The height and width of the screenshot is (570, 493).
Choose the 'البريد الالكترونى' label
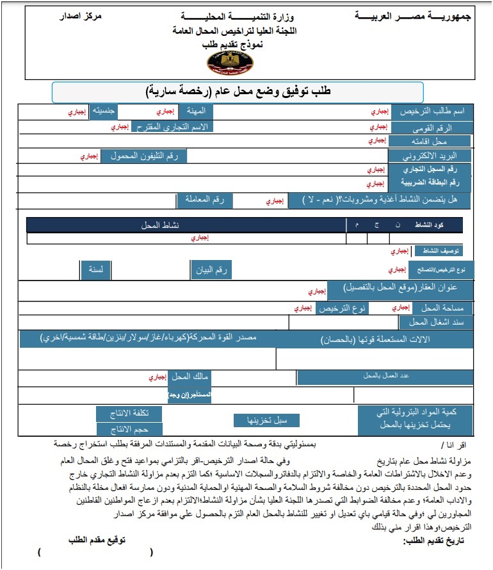tap(430, 156)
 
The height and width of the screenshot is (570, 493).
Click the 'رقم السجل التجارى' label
tap(431, 169)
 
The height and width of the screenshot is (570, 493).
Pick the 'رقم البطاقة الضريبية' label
tap(430, 183)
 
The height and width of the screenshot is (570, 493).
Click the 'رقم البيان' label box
tap(211, 270)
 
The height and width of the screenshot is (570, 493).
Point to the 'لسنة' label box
tap(96, 270)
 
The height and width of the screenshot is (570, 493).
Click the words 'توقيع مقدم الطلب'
tap(97, 540)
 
